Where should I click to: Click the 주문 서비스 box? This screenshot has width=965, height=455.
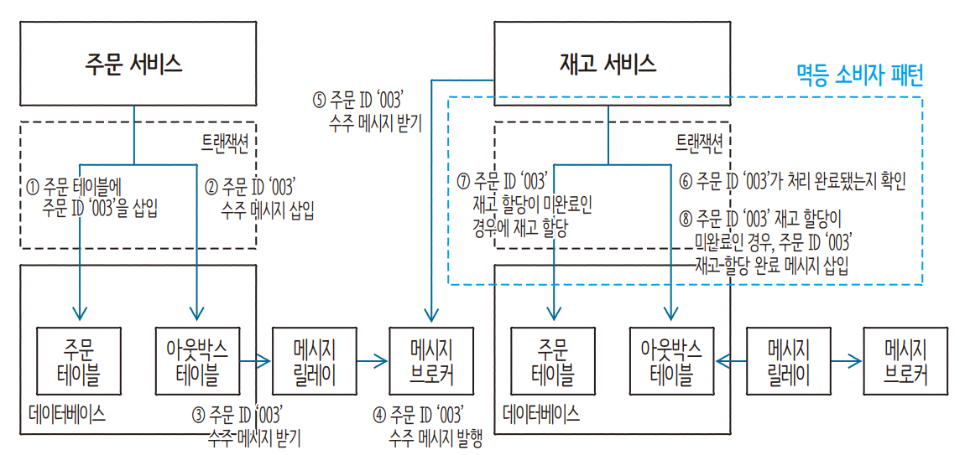(133, 64)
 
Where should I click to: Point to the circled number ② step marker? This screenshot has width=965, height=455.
(212, 185)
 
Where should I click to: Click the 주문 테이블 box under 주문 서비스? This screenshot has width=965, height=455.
(80, 361)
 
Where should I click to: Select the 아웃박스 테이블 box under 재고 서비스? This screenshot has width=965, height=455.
(671, 361)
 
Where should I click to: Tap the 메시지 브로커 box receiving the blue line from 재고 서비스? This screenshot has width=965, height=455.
(431, 361)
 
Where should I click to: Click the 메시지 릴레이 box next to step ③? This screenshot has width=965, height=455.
(315, 361)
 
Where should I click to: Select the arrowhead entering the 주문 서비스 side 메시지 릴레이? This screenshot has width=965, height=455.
(267, 361)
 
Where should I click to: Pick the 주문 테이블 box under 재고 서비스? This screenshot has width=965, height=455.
(553, 361)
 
